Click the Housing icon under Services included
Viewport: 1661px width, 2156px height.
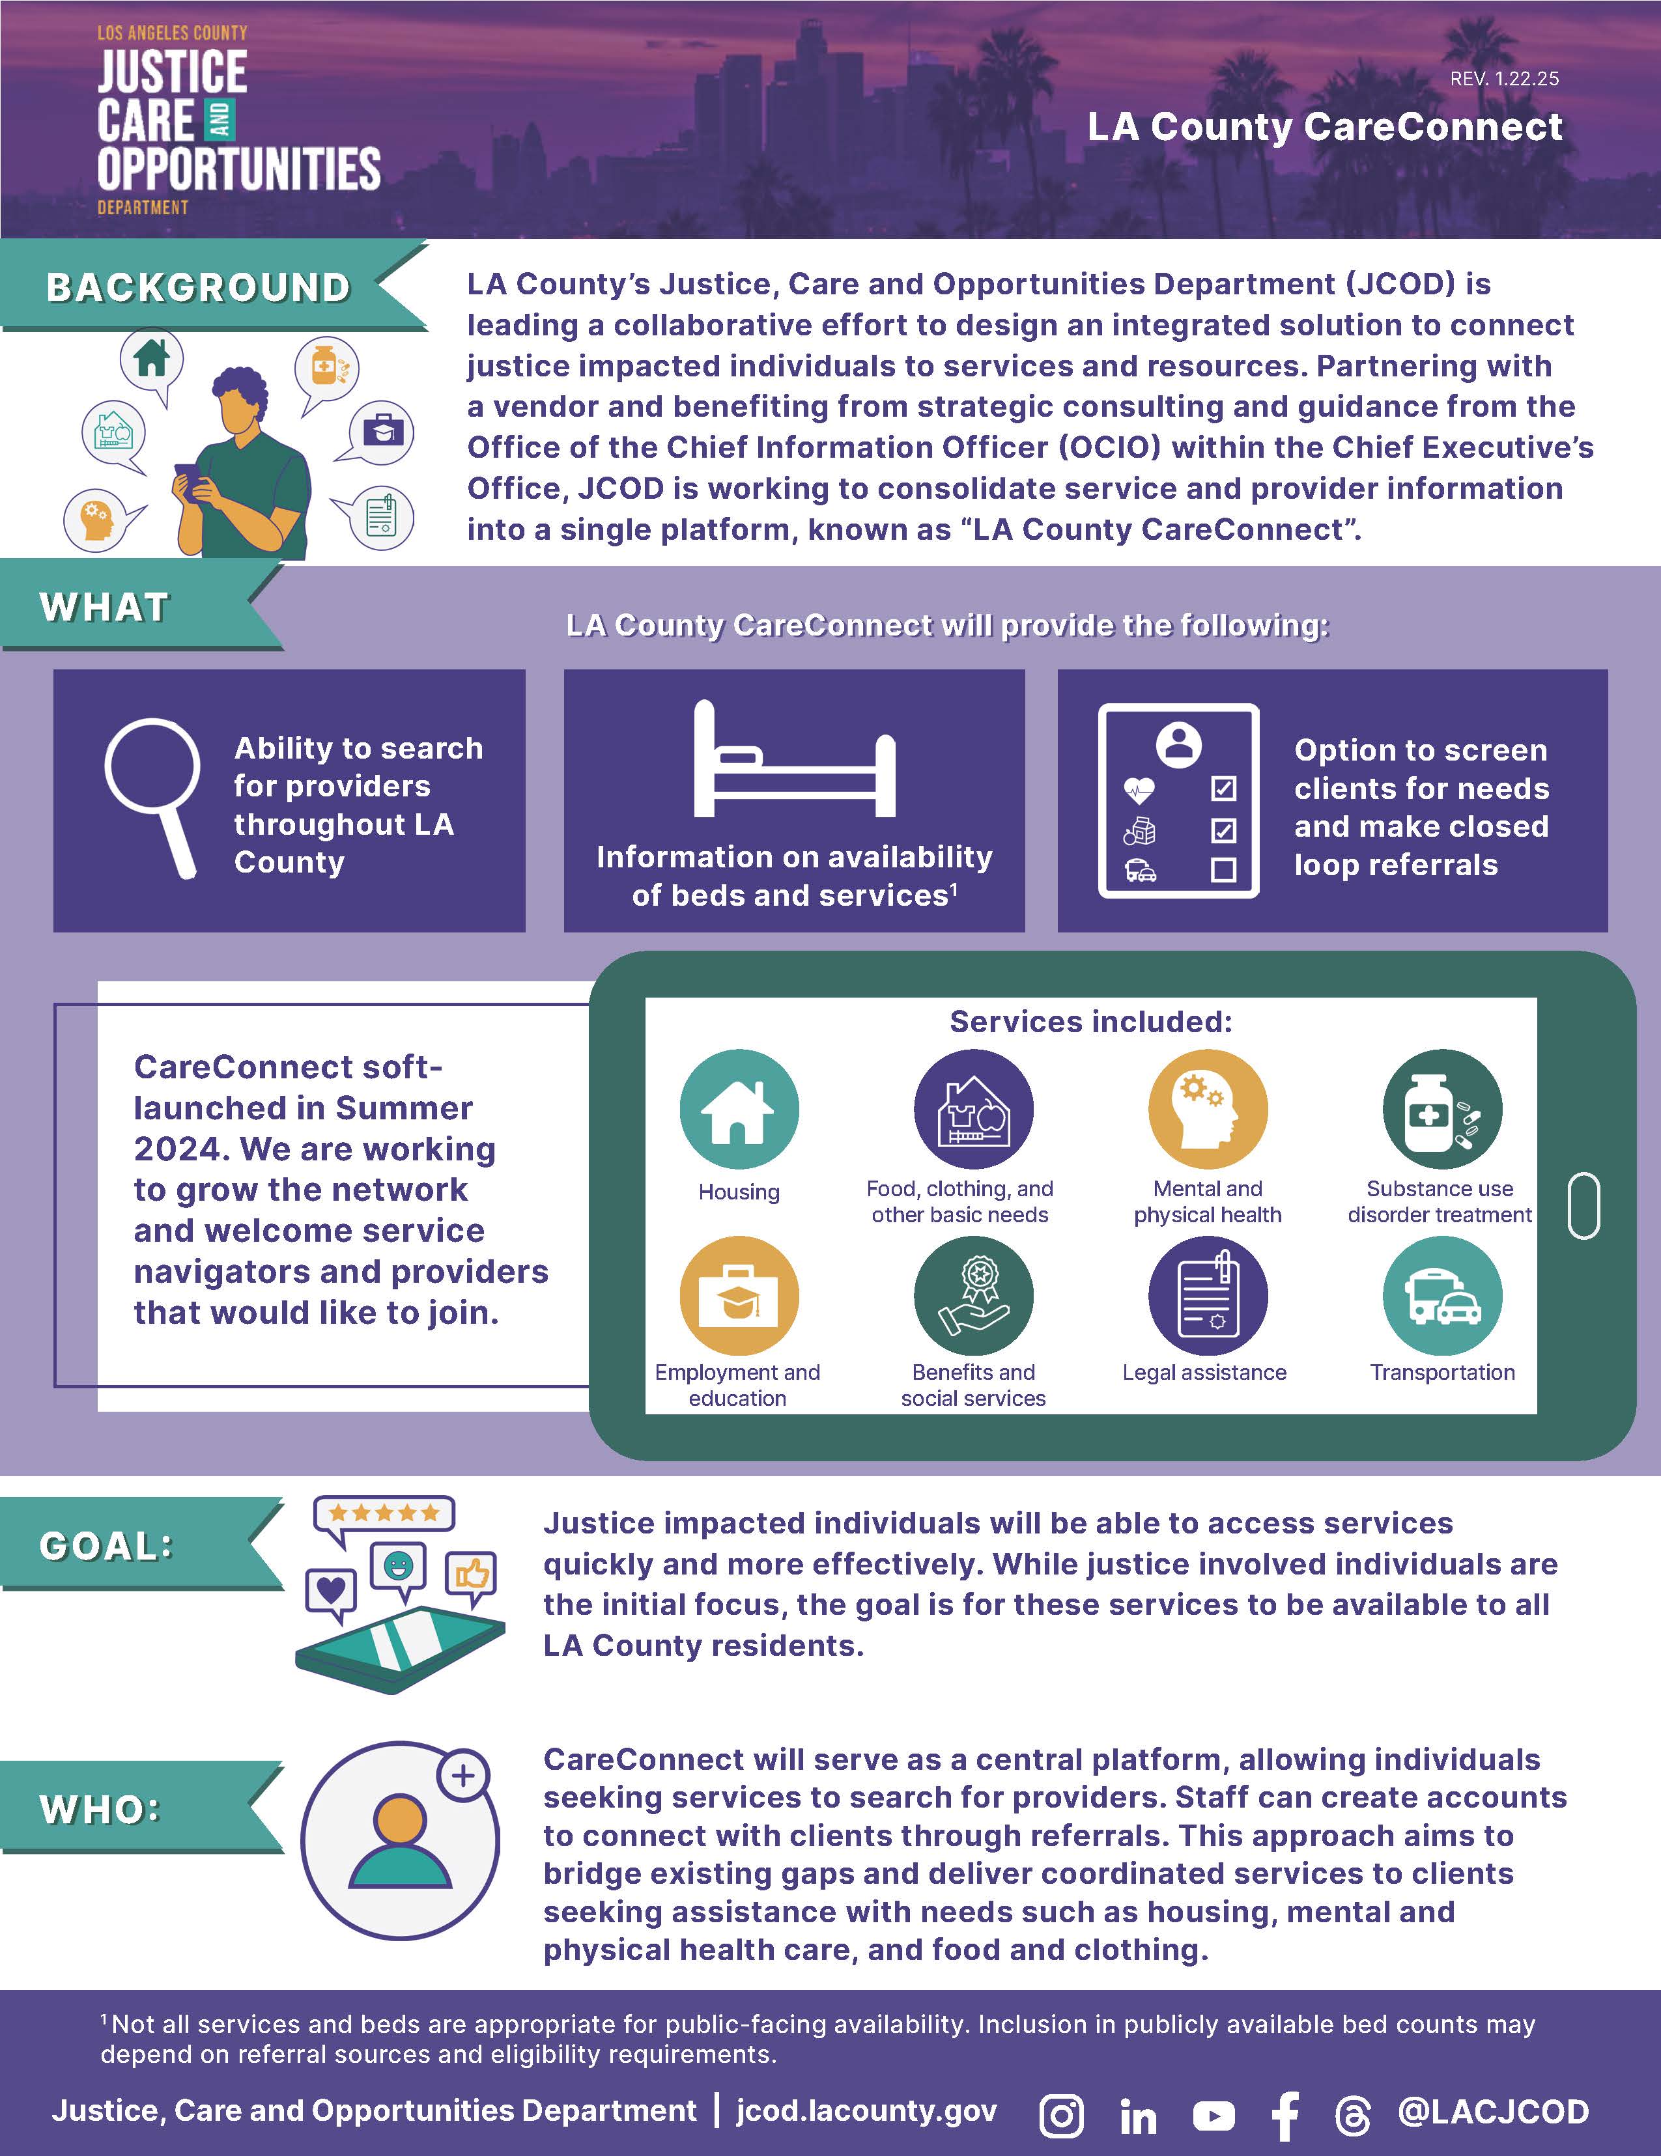coord(739,1110)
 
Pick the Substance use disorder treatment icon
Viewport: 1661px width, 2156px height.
coord(1441,1110)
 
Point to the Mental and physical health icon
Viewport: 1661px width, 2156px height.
coord(1207,1110)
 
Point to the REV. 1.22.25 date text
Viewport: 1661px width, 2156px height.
coord(1504,79)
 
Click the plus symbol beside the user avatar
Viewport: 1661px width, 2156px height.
coord(463,1776)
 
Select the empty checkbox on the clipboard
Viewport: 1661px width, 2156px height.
coord(1223,870)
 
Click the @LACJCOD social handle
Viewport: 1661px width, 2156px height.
coord(1493,2112)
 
